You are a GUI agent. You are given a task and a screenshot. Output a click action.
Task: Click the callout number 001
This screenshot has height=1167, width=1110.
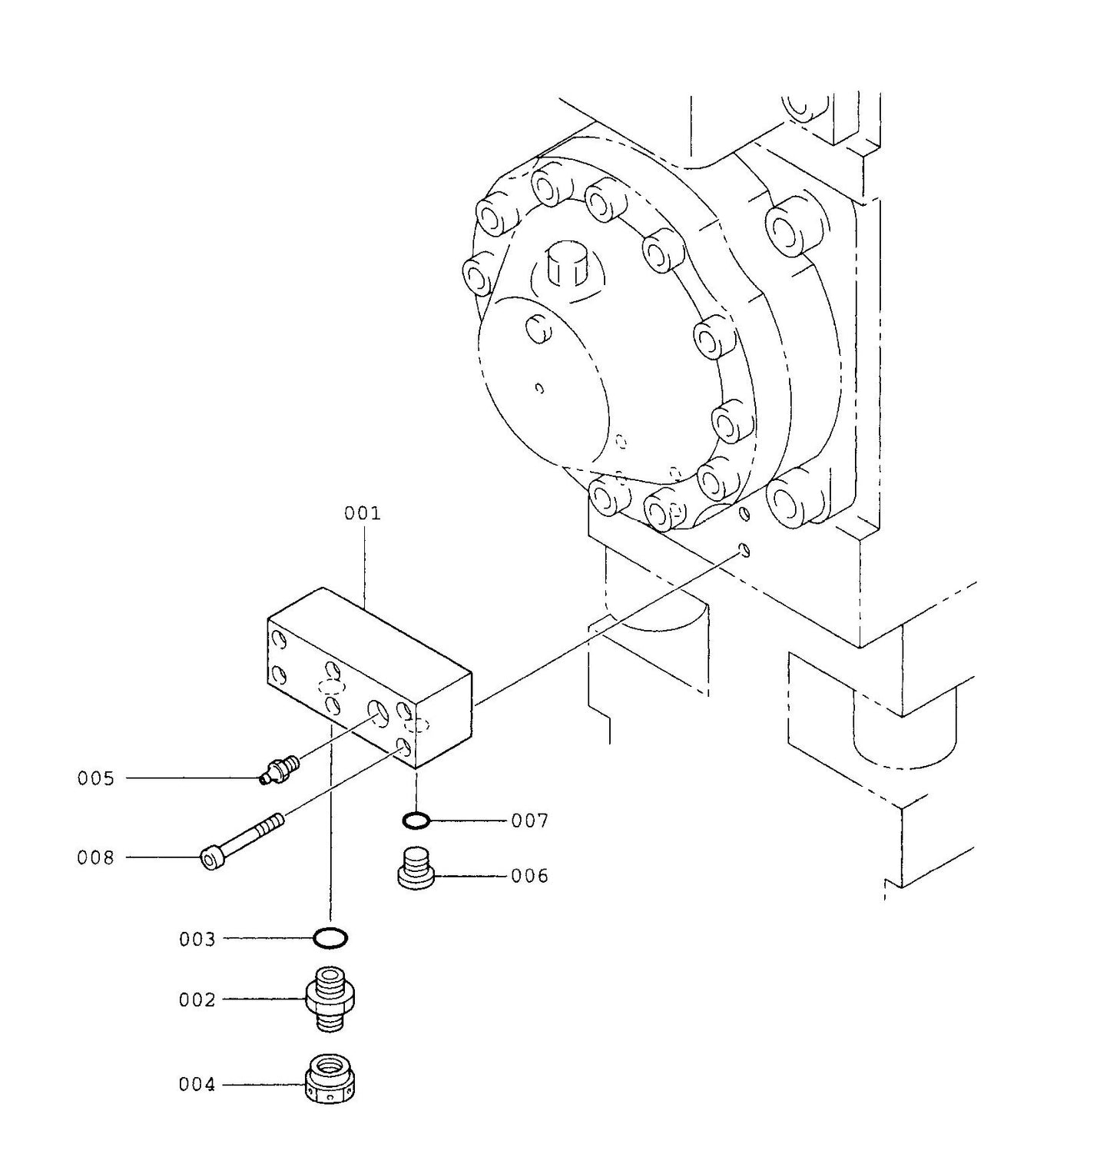(x=362, y=513)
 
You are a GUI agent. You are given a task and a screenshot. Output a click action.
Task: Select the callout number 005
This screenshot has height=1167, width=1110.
(x=95, y=778)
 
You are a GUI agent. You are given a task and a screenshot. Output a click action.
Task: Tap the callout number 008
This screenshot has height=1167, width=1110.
(x=95, y=857)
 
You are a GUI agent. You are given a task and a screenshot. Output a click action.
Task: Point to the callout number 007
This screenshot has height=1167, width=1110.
(x=530, y=821)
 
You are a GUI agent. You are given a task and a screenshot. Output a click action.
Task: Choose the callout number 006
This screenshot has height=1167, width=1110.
(x=530, y=876)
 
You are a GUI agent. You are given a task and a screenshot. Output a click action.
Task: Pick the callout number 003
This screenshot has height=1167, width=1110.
(x=197, y=939)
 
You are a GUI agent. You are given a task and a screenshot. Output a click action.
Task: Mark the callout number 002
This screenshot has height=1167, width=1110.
(x=197, y=1000)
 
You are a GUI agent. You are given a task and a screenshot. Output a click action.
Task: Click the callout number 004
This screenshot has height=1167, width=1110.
(x=197, y=1084)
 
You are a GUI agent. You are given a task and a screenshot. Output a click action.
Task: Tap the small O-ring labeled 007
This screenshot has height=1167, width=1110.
(x=416, y=821)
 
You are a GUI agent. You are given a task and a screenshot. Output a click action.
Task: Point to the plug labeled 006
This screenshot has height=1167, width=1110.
(x=416, y=867)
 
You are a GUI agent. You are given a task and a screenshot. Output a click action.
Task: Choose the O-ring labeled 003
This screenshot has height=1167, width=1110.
(x=331, y=938)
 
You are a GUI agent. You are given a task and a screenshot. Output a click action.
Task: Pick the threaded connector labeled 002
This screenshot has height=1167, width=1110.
(x=330, y=1000)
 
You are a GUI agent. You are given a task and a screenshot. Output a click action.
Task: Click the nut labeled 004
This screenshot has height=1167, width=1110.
(x=330, y=1079)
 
